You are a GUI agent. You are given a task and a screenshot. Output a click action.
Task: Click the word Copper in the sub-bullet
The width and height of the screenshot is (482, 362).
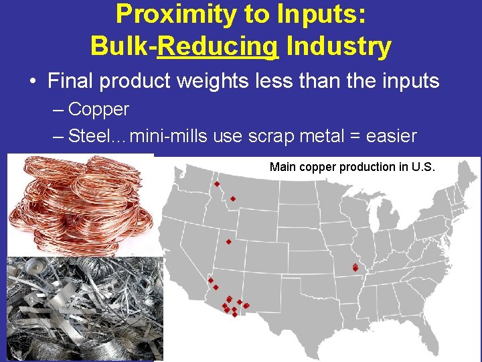(99, 109)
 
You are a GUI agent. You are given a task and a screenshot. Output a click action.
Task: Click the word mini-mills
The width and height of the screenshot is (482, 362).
(169, 136)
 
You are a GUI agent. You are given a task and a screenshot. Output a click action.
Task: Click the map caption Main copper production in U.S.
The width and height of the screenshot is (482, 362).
(352, 167)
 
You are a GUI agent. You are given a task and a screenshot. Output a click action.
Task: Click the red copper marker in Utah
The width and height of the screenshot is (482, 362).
(228, 242)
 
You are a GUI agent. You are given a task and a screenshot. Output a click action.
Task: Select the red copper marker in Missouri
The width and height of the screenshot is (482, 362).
(355, 267)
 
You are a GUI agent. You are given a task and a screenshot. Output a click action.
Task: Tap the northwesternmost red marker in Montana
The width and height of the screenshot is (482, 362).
(217, 184)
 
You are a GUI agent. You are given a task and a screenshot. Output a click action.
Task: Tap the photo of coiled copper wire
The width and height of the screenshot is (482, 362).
(80, 204)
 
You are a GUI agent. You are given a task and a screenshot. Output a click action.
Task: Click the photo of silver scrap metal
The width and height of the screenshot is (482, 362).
(84, 308)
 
